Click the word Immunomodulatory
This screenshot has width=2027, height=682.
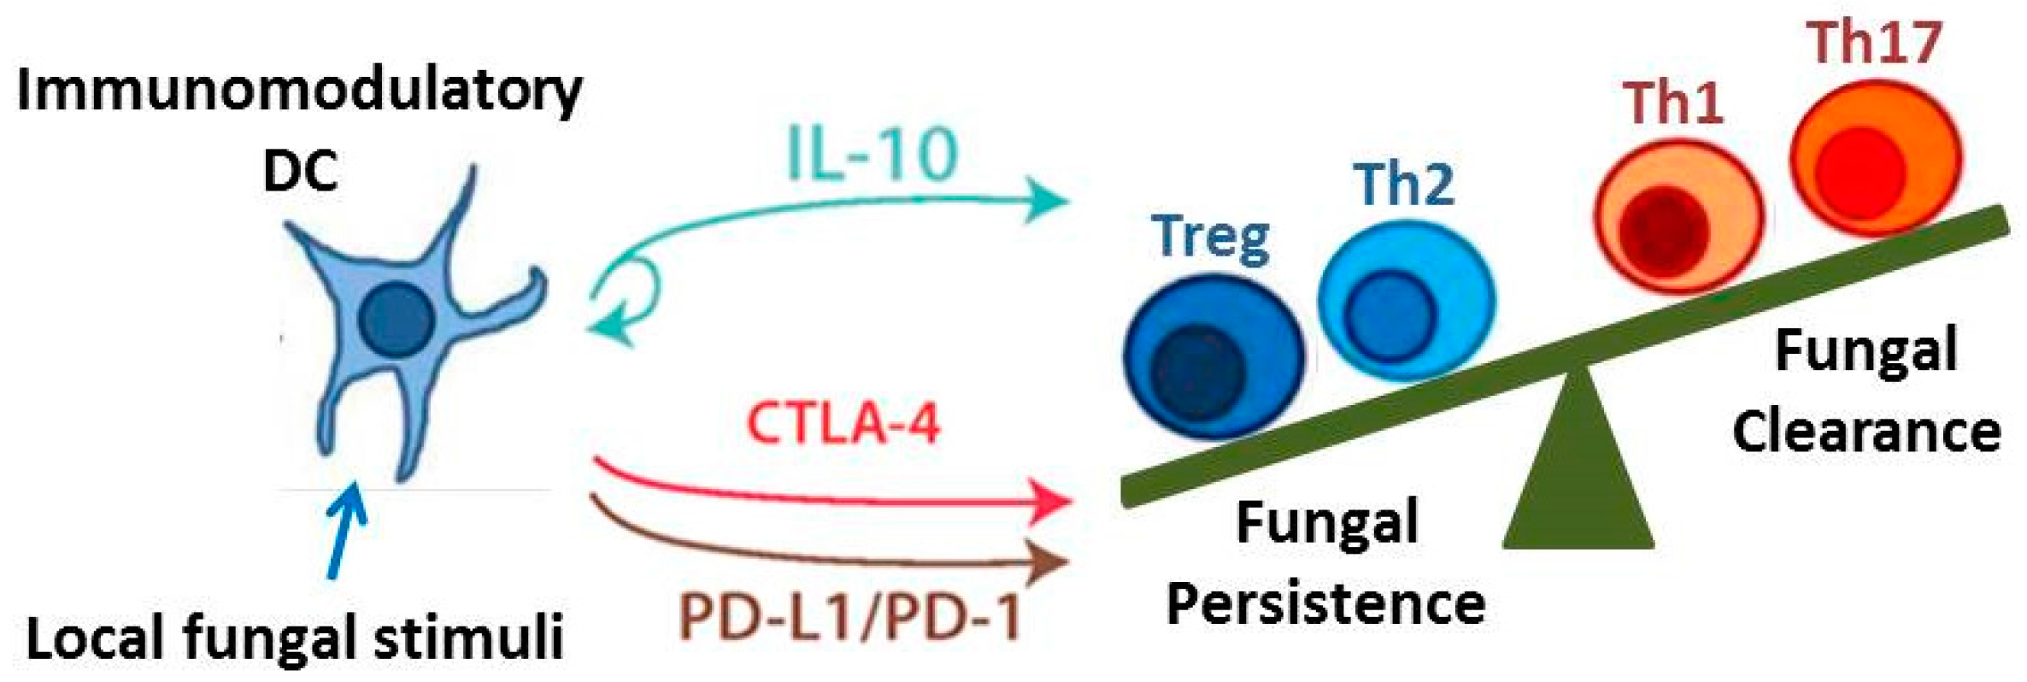tap(299, 92)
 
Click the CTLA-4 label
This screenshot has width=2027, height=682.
tap(843, 423)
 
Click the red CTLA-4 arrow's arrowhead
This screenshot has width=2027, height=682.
tap(1051, 502)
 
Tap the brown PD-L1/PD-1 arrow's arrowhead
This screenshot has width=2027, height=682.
tap(1049, 561)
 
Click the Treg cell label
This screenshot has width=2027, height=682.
tap(1211, 236)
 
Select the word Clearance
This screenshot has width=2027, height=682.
tap(1865, 431)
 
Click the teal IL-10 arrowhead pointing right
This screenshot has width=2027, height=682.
tap(1047, 200)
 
